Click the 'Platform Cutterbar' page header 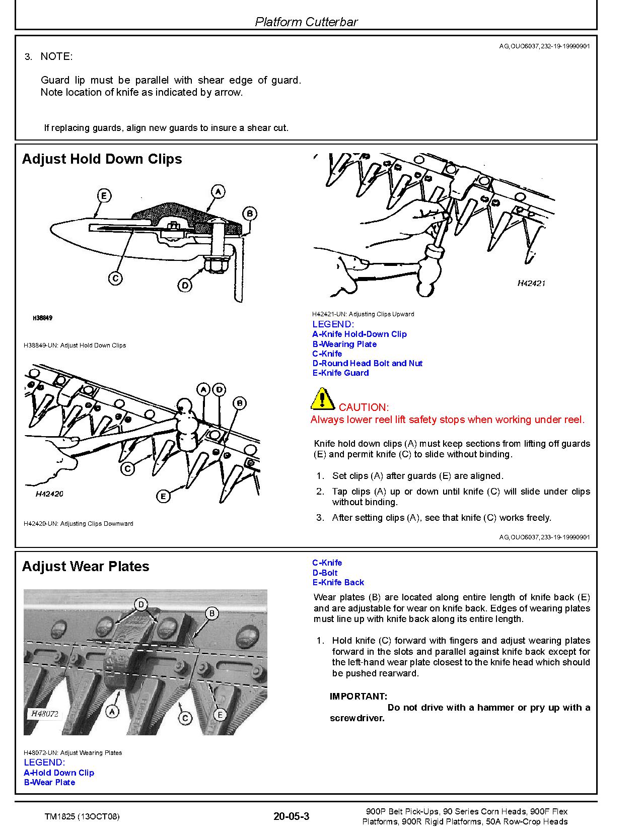click(x=306, y=22)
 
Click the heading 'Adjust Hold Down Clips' click(x=102, y=159)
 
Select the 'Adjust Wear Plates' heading click(x=86, y=567)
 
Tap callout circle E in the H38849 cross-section click(x=103, y=195)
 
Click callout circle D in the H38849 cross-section click(x=185, y=286)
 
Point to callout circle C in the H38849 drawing click(x=115, y=278)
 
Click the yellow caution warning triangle click(x=322, y=399)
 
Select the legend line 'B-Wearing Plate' click(x=344, y=344)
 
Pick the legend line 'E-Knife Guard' click(x=340, y=373)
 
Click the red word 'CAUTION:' click(x=364, y=407)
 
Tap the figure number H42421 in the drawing click(x=531, y=283)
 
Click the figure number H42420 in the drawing click(x=49, y=494)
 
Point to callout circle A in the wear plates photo click(x=112, y=712)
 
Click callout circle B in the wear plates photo click(x=212, y=613)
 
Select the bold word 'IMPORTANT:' click(x=359, y=697)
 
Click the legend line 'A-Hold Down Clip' click(x=59, y=773)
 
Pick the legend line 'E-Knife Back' click(x=338, y=582)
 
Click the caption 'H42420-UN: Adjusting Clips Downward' click(x=79, y=524)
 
